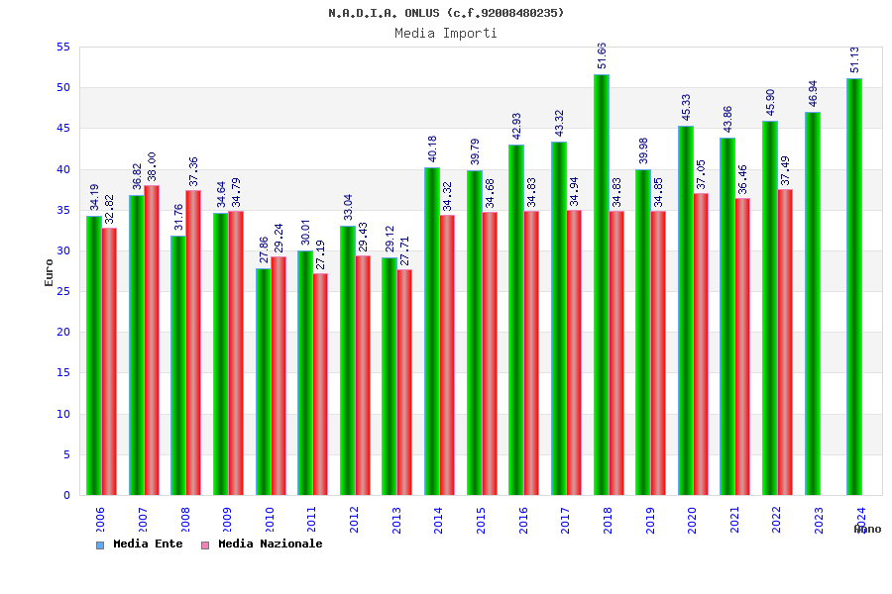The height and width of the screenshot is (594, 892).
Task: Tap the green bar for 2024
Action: pyautogui.click(x=854, y=287)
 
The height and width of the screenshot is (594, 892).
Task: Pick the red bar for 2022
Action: pyautogui.click(x=785, y=342)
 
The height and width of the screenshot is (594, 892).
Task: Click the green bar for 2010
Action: pyautogui.click(x=264, y=381)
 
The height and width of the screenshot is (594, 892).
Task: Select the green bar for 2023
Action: pyautogui.click(x=813, y=303)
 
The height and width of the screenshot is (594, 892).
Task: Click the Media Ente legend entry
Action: pyautogui.click(x=140, y=544)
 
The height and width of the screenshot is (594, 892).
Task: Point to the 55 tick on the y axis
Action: pyautogui.click(x=62, y=48)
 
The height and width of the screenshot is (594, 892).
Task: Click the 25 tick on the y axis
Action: pyautogui.click(x=62, y=291)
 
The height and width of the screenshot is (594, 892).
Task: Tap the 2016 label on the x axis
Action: pyautogui.click(x=523, y=520)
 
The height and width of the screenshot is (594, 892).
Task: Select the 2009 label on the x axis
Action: pyautogui.click(x=227, y=520)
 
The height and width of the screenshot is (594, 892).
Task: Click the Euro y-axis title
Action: pyautogui.click(x=50, y=272)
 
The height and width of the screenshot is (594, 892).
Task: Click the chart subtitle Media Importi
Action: pyautogui.click(x=446, y=33)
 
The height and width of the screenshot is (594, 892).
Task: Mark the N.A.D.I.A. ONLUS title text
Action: pyautogui.click(x=446, y=13)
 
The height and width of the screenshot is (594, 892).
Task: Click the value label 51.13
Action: pyautogui.click(x=854, y=59)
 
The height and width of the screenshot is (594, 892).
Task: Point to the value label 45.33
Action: pyautogui.click(x=686, y=107)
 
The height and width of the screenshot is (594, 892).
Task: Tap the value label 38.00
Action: pyautogui.click(x=152, y=166)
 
